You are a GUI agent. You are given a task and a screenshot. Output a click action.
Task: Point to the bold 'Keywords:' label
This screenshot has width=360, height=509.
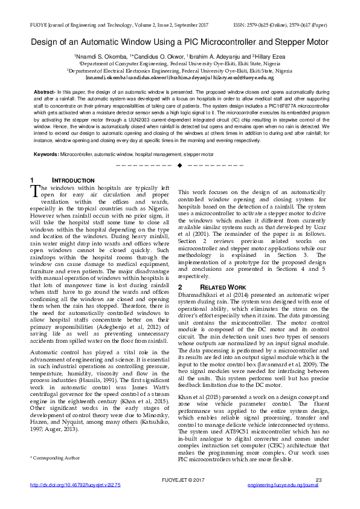(46, 155)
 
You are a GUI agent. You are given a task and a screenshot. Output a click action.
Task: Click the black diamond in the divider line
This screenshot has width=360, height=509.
(179, 166)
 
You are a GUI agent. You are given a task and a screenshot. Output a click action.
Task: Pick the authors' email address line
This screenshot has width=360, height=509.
(179, 78)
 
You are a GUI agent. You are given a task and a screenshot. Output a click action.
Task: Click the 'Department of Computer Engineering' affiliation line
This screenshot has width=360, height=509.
(179, 63)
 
